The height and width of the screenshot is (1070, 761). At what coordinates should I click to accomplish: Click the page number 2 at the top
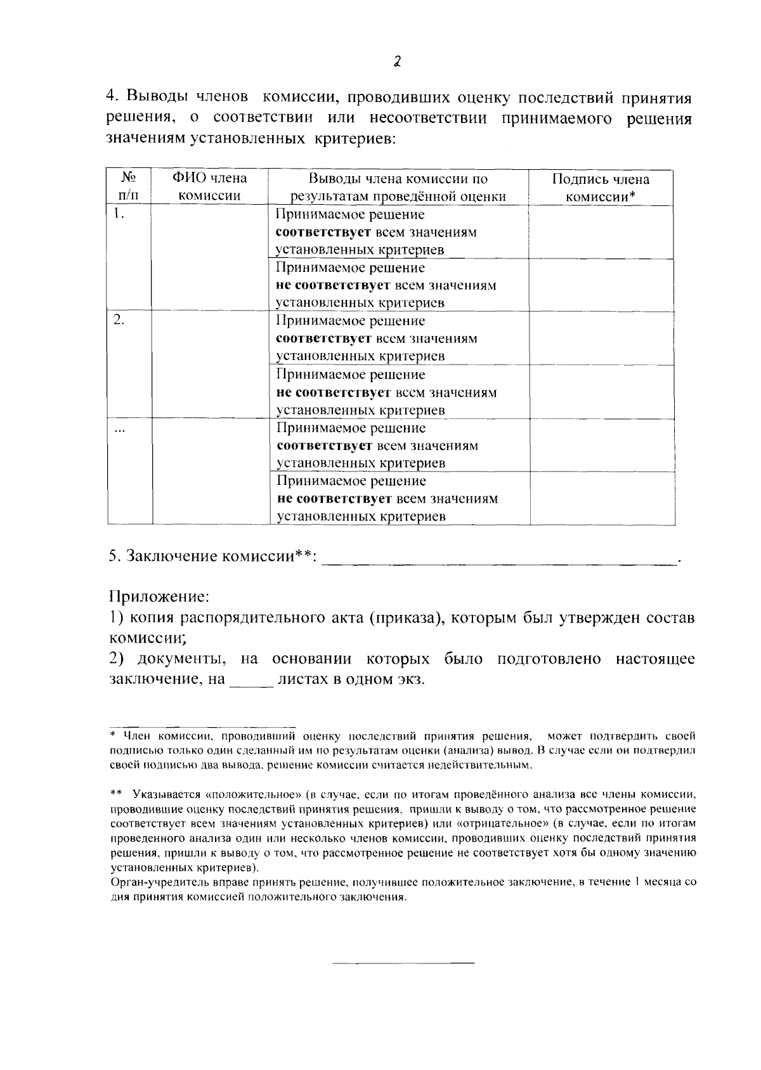point(397,61)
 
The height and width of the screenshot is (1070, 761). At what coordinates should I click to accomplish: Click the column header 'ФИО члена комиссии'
point(210,187)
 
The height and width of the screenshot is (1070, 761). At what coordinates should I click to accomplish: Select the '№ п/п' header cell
point(129,187)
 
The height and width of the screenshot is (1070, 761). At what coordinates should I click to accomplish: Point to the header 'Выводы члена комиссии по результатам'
point(398,187)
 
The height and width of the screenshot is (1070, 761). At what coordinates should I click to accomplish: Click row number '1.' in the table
point(118,214)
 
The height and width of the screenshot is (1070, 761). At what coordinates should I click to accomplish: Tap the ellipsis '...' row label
point(119,429)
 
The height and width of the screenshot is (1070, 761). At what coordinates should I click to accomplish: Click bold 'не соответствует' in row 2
point(333,392)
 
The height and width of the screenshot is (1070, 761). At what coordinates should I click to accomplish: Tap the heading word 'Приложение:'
point(159,596)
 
